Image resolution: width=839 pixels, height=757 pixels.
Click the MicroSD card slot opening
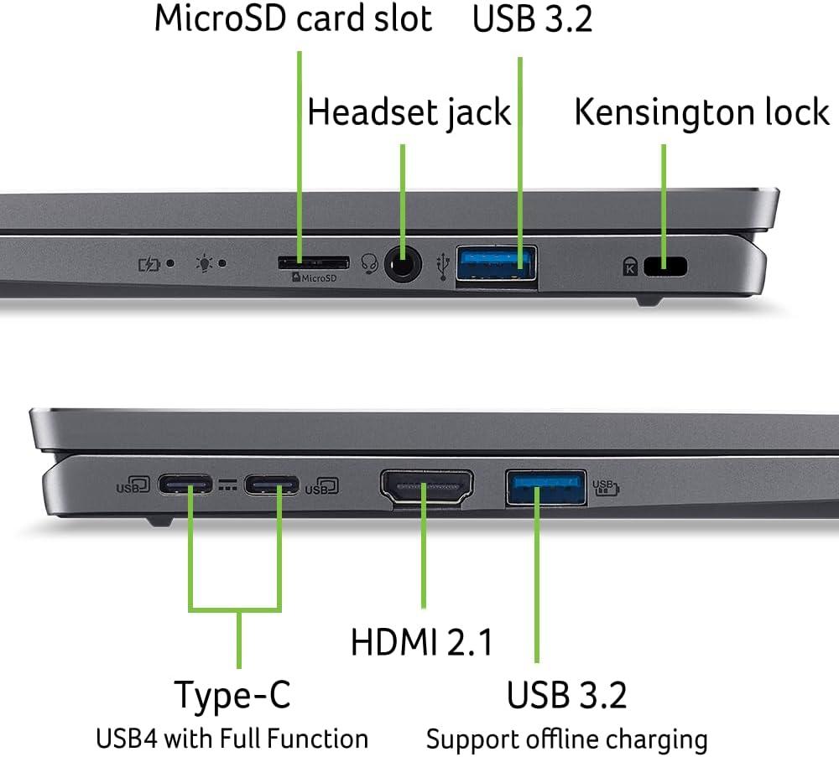pos(312,262)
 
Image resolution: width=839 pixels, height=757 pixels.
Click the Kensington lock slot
pos(664,267)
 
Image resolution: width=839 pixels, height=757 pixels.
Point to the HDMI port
pos(427,488)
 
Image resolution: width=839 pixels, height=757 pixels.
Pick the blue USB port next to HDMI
pos(545,487)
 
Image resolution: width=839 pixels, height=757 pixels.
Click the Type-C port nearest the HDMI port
pos(272,485)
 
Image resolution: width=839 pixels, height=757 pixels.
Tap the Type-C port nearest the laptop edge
pos(187,485)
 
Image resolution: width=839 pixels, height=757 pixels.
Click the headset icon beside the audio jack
pos(367,264)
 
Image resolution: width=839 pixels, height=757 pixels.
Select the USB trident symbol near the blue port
pos(444,265)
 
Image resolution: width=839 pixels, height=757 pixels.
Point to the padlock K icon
pos(629,267)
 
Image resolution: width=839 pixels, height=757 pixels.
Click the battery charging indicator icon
pos(149,264)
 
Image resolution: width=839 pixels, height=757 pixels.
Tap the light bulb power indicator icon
pos(202,263)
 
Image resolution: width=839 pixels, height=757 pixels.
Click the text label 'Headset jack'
pos(409,112)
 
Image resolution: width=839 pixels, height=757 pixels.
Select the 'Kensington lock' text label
pos(701,112)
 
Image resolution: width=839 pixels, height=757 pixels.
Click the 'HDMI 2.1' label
pos(421,642)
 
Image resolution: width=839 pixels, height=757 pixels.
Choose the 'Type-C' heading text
pos(232,694)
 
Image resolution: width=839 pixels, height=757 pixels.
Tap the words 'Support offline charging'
pos(566,739)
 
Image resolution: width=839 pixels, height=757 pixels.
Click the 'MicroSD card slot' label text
pos(293,18)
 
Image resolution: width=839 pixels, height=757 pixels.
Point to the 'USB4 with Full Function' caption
pos(232,739)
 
